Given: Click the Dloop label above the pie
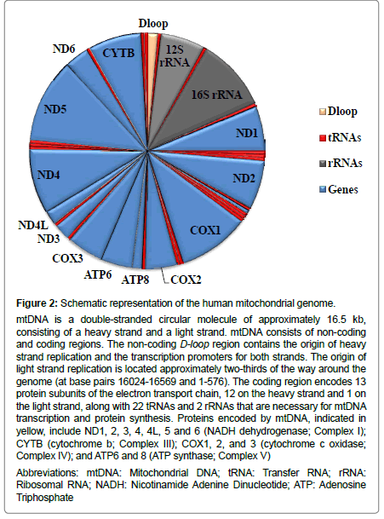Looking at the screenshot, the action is [153, 24].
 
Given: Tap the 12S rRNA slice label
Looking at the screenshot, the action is [175, 55].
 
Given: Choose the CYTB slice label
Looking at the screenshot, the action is [118, 53].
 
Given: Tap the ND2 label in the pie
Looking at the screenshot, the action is [244, 178].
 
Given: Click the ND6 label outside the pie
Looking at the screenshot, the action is [64, 49].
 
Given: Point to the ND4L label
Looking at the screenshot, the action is [33, 225].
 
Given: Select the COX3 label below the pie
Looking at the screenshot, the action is [67, 258].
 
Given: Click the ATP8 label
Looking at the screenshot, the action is [135, 280].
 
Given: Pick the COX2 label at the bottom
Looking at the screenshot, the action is [186, 280].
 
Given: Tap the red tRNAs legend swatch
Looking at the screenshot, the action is [323, 138].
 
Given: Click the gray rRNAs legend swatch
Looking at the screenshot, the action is [323, 163].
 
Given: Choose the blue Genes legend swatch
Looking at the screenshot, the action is [323, 190].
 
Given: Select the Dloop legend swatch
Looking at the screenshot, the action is [323, 112].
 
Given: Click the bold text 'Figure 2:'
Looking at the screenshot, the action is [37, 303].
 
